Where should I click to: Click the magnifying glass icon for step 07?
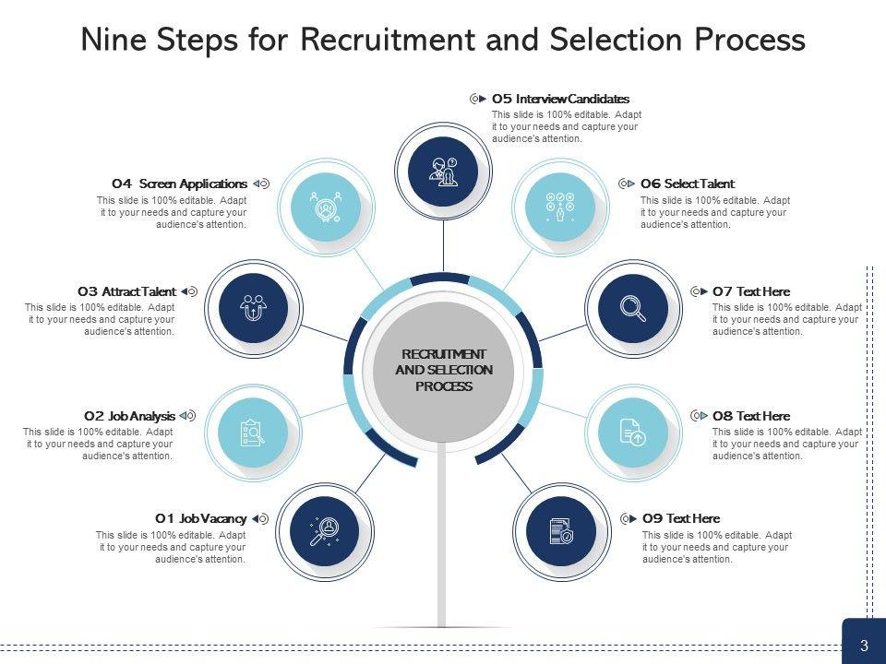click(632, 306)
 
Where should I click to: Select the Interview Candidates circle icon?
click(444, 170)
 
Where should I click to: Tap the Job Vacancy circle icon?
click(324, 531)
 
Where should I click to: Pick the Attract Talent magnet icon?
click(252, 305)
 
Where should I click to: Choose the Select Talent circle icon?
click(558, 207)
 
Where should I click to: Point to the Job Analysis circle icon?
click(252, 431)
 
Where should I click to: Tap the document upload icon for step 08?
click(632, 432)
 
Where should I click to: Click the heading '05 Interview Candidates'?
click(560, 99)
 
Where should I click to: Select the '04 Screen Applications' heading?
click(179, 184)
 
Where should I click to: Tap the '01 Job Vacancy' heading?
click(200, 518)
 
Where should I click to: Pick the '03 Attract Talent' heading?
click(126, 291)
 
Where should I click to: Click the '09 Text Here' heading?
click(680, 518)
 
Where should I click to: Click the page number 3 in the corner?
click(864, 646)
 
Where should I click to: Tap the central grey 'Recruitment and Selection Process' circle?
click(444, 370)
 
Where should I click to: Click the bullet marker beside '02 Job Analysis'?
click(188, 416)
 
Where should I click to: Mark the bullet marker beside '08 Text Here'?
click(699, 416)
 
